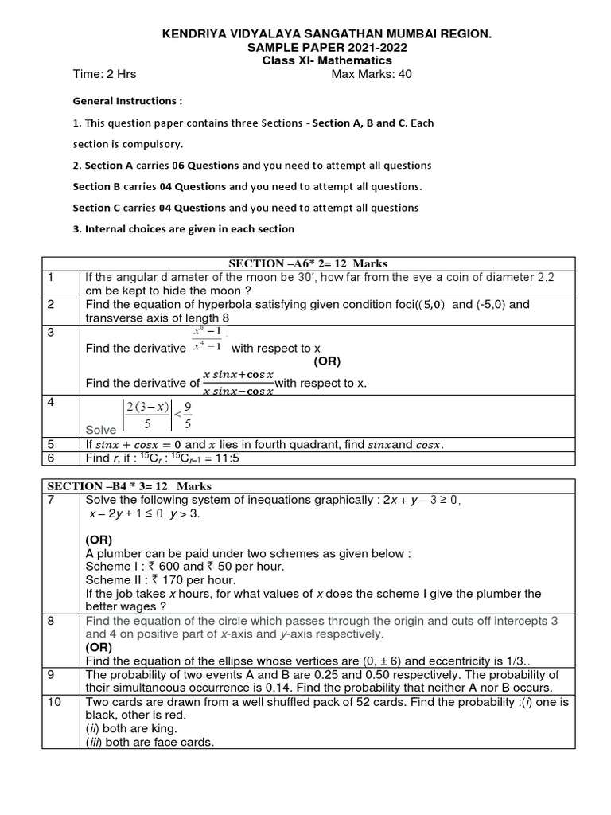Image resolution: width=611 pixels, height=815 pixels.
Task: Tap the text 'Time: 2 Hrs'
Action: [x=104, y=75]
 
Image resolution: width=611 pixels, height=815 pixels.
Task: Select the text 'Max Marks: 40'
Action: [x=372, y=75]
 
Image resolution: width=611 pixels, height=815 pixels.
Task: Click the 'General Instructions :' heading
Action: [x=127, y=102]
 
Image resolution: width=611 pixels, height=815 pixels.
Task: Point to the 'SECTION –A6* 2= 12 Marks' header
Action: [x=307, y=263]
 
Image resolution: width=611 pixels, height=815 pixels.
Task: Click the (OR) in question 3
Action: [x=326, y=361]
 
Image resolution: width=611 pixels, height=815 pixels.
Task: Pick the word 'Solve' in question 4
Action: [x=101, y=430]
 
